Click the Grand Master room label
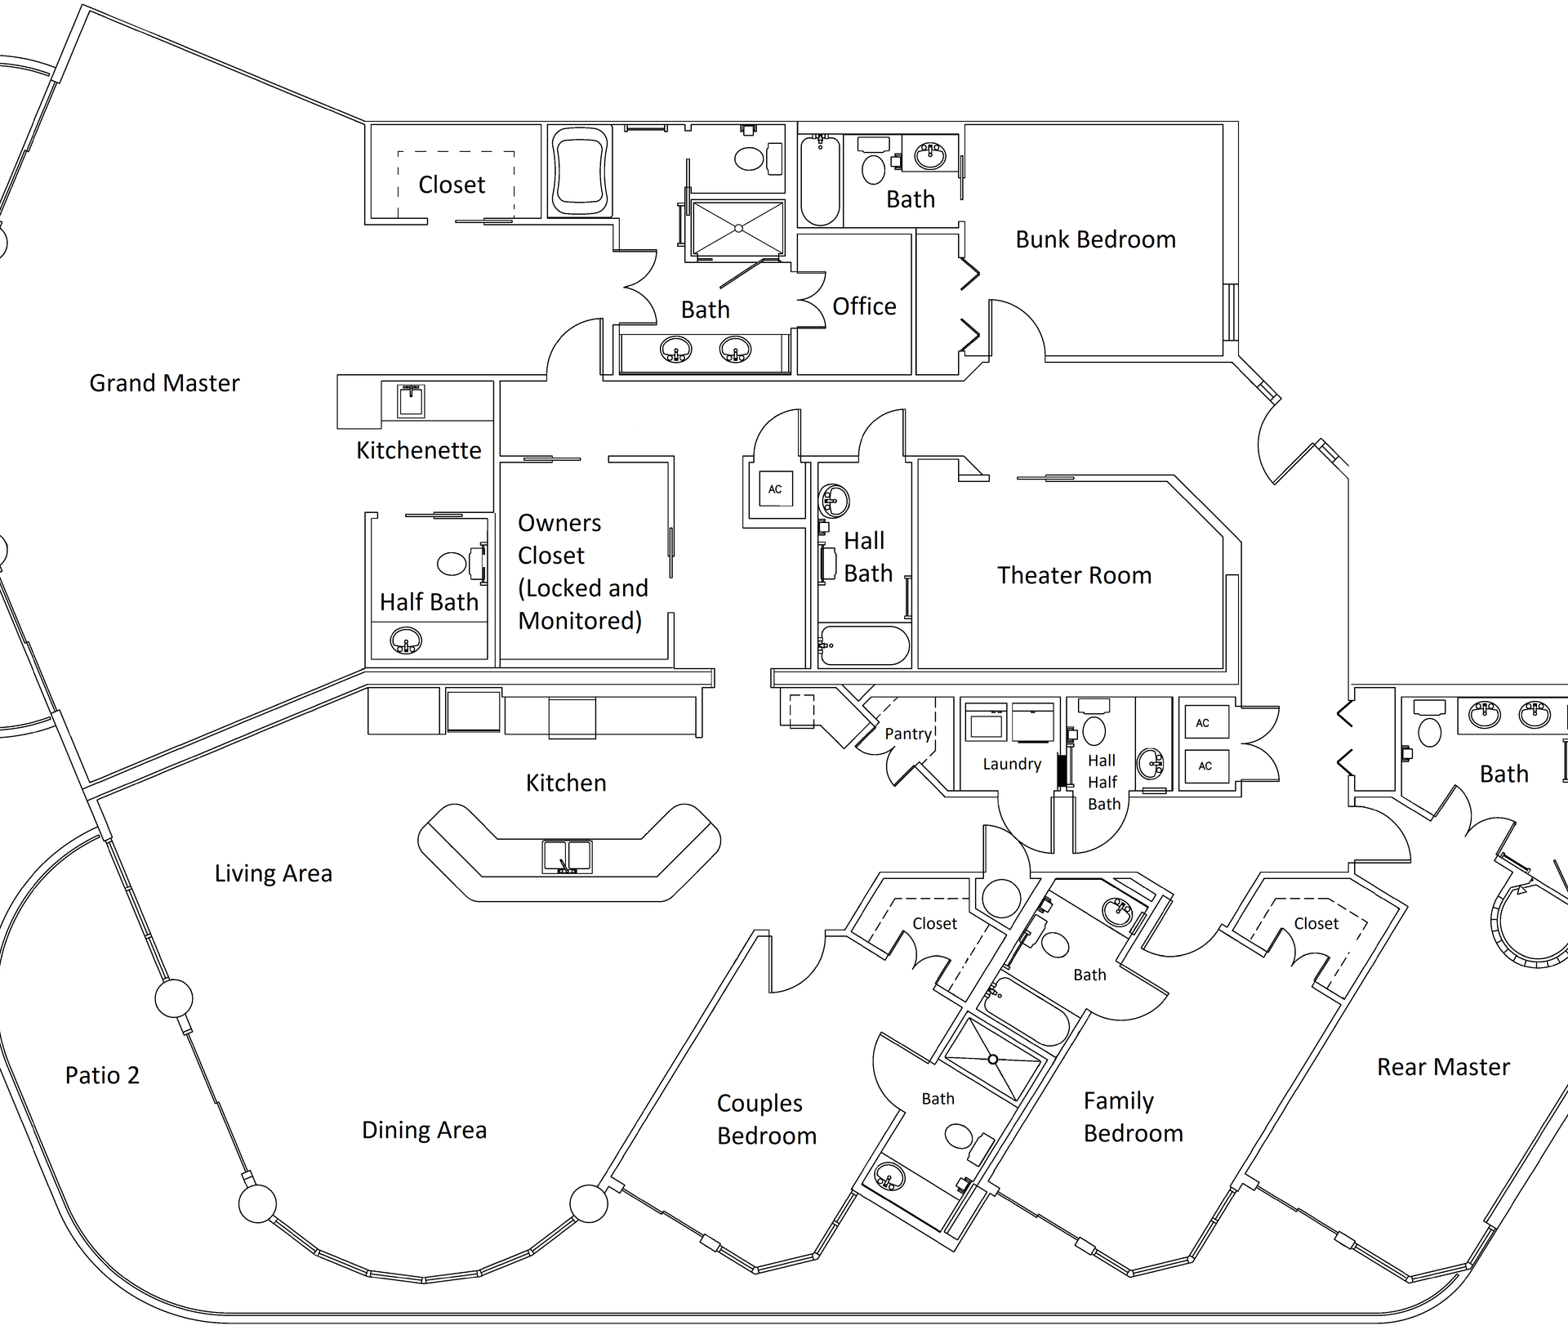[164, 383]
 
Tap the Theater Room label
[1074, 575]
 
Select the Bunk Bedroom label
[1095, 239]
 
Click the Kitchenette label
[418, 450]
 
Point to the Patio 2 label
[102, 1075]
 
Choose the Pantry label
[908, 734]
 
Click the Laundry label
[1012, 764]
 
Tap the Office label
[864, 306]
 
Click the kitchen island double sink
[567, 856]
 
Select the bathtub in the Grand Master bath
[579, 170]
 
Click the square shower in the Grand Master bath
[737, 228]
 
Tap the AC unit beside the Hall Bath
[775, 489]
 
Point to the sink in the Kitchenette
[410, 400]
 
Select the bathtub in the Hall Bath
[864, 645]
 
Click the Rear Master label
[1443, 1067]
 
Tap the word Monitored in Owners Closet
[580, 621]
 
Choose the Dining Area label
[424, 1130]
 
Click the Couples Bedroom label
[766, 1119]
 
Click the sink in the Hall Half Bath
[1150, 764]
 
